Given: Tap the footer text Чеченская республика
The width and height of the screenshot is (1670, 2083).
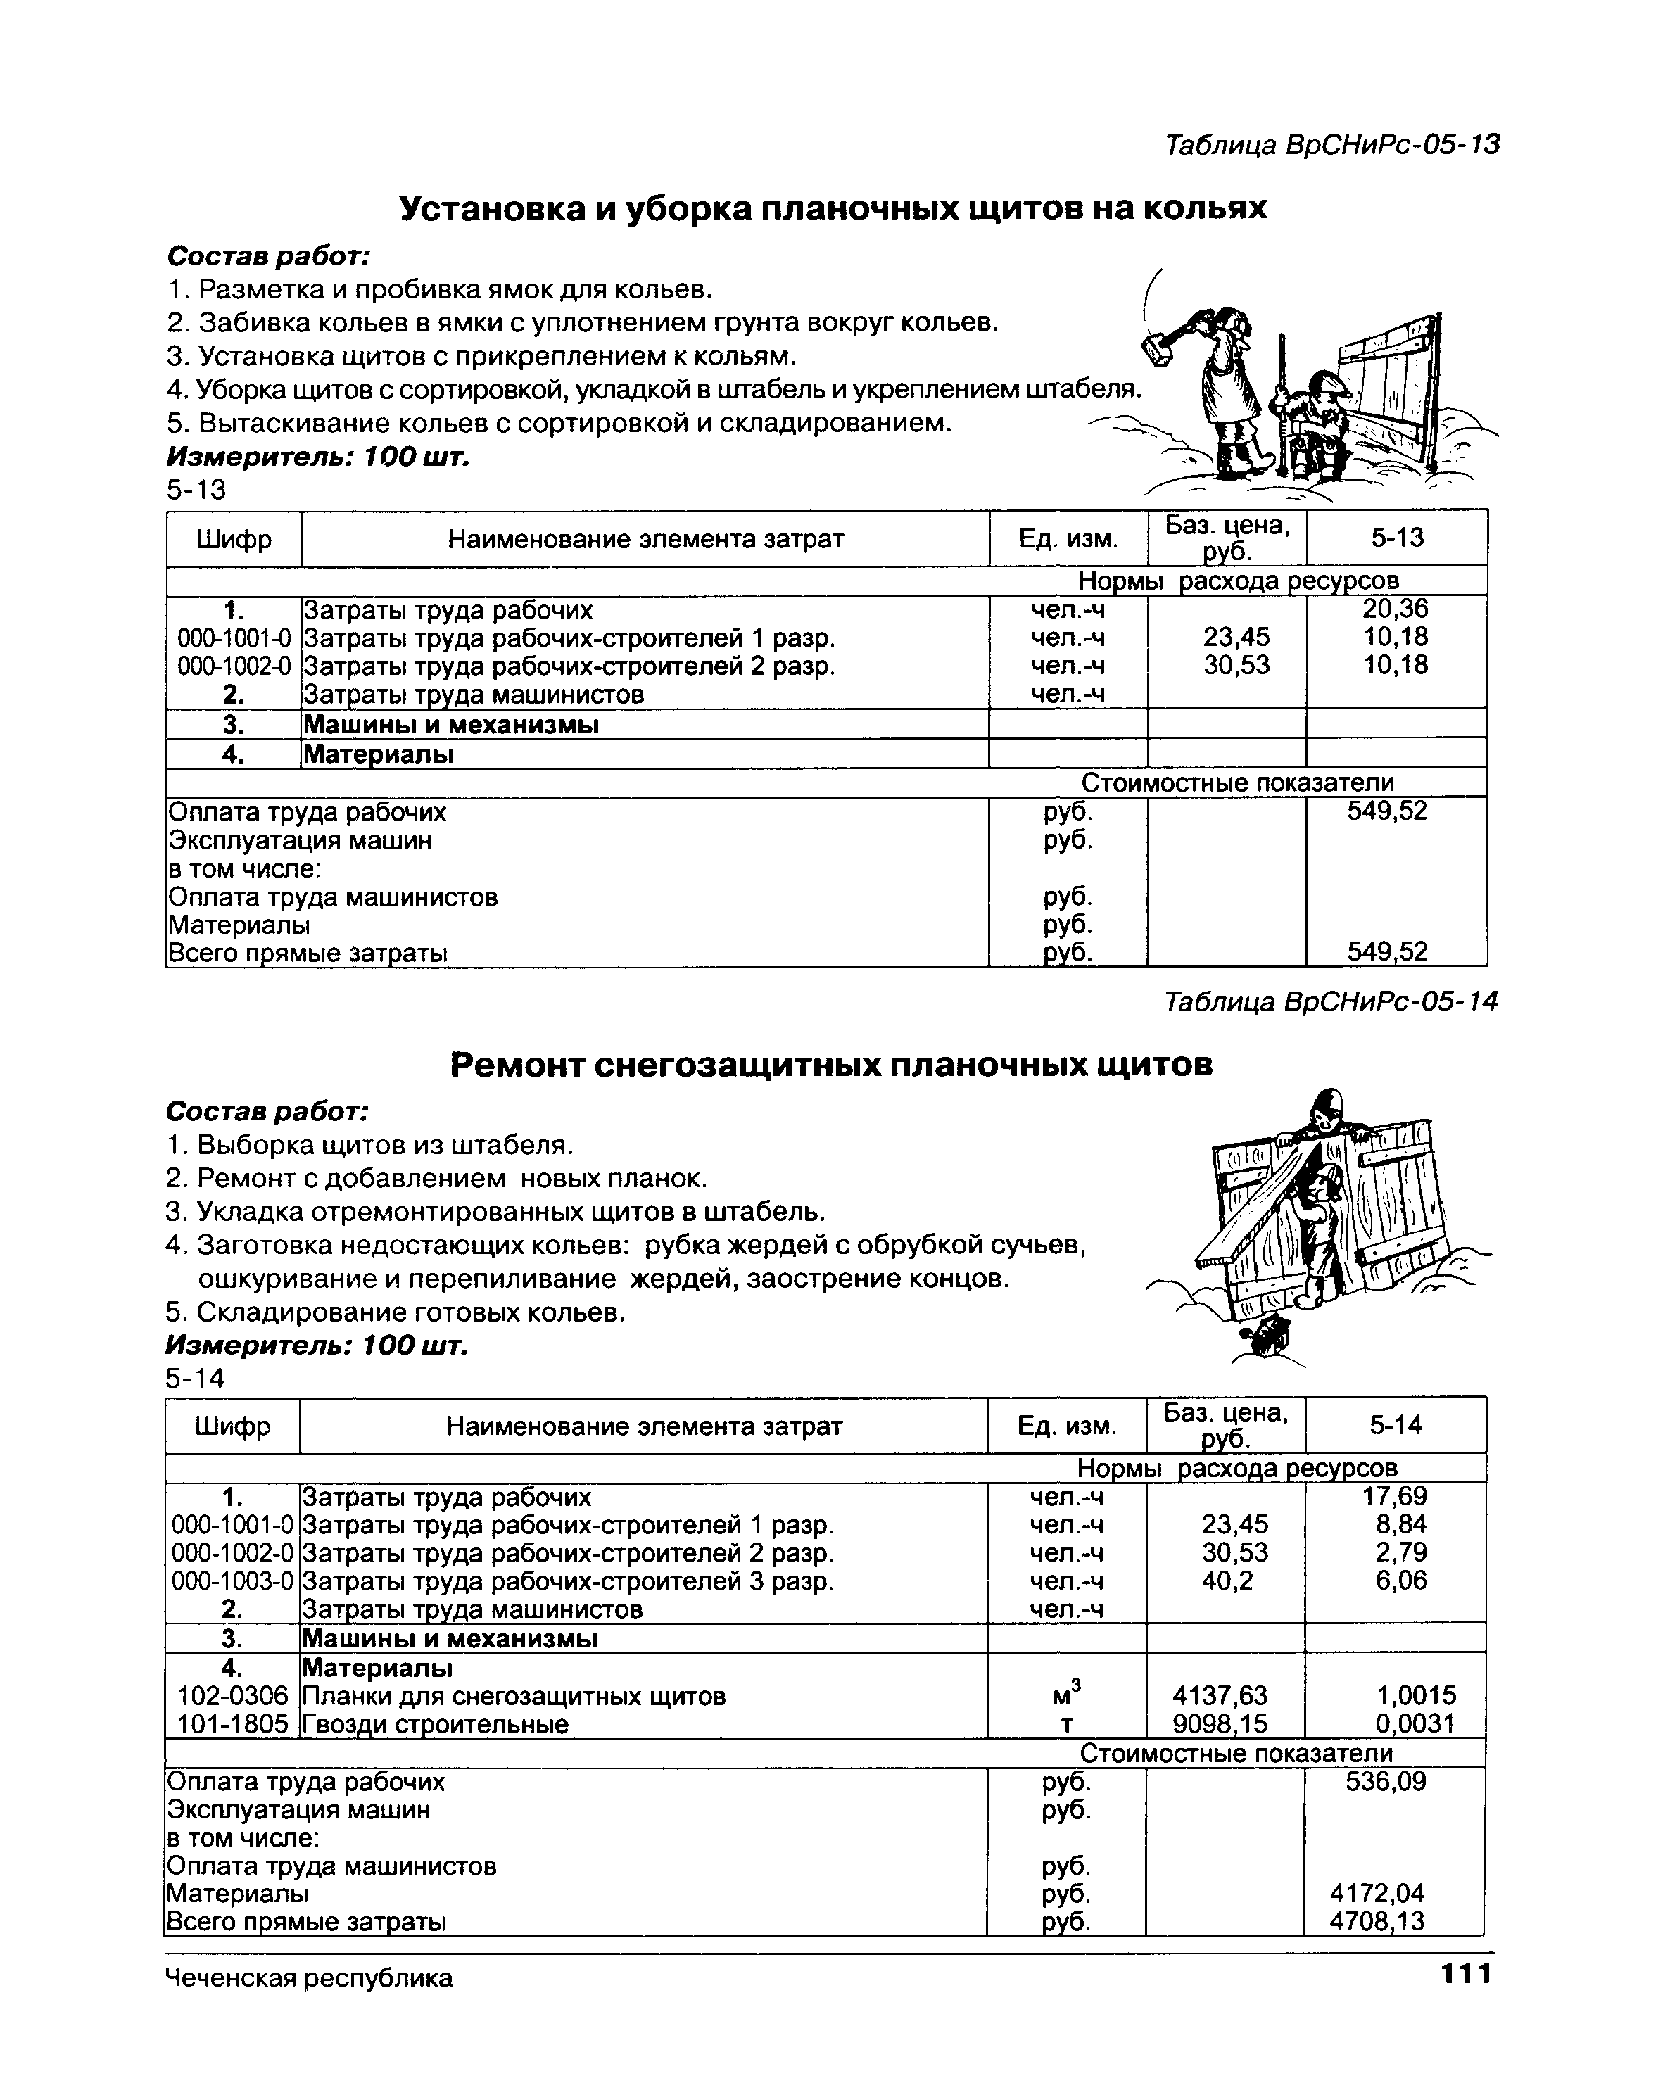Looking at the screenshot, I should [x=309, y=1977].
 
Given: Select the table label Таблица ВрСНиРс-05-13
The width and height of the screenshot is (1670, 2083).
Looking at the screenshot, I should [x=1331, y=145].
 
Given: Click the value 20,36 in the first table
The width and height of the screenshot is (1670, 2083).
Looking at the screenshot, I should [x=1395, y=609].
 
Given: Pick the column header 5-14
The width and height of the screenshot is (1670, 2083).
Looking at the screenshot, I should [x=1396, y=1425].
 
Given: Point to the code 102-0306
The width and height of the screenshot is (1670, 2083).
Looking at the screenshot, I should [x=233, y=1695].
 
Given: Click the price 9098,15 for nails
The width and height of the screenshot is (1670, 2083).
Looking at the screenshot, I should [x=1220, y=1723].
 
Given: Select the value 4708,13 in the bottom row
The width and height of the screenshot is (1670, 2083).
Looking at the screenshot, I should [x=1377, y=1920].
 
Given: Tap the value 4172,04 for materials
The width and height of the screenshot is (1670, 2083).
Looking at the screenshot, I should [x=1377, y=1893].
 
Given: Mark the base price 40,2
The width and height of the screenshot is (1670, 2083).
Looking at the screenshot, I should [x=1227, y=1581].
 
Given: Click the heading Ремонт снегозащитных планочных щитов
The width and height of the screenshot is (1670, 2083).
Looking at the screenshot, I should [x=831, y=1065].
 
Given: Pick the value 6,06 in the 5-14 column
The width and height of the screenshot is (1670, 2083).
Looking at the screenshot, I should [x=1401, y=1581].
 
